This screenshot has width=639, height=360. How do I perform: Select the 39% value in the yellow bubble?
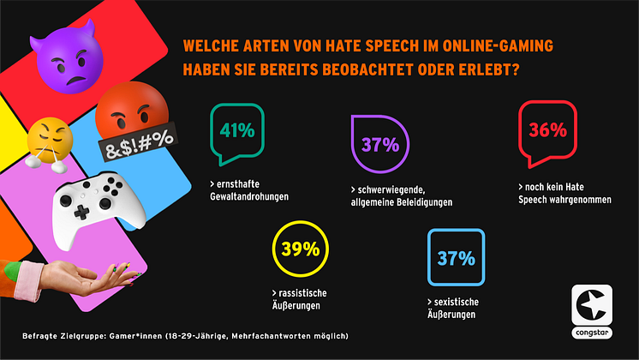tap(301, 250)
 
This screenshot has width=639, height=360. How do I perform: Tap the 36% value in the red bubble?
tap(548, 130)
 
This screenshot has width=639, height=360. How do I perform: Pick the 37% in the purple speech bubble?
tap(380, 145)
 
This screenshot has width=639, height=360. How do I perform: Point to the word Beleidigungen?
tap(431, 202)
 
